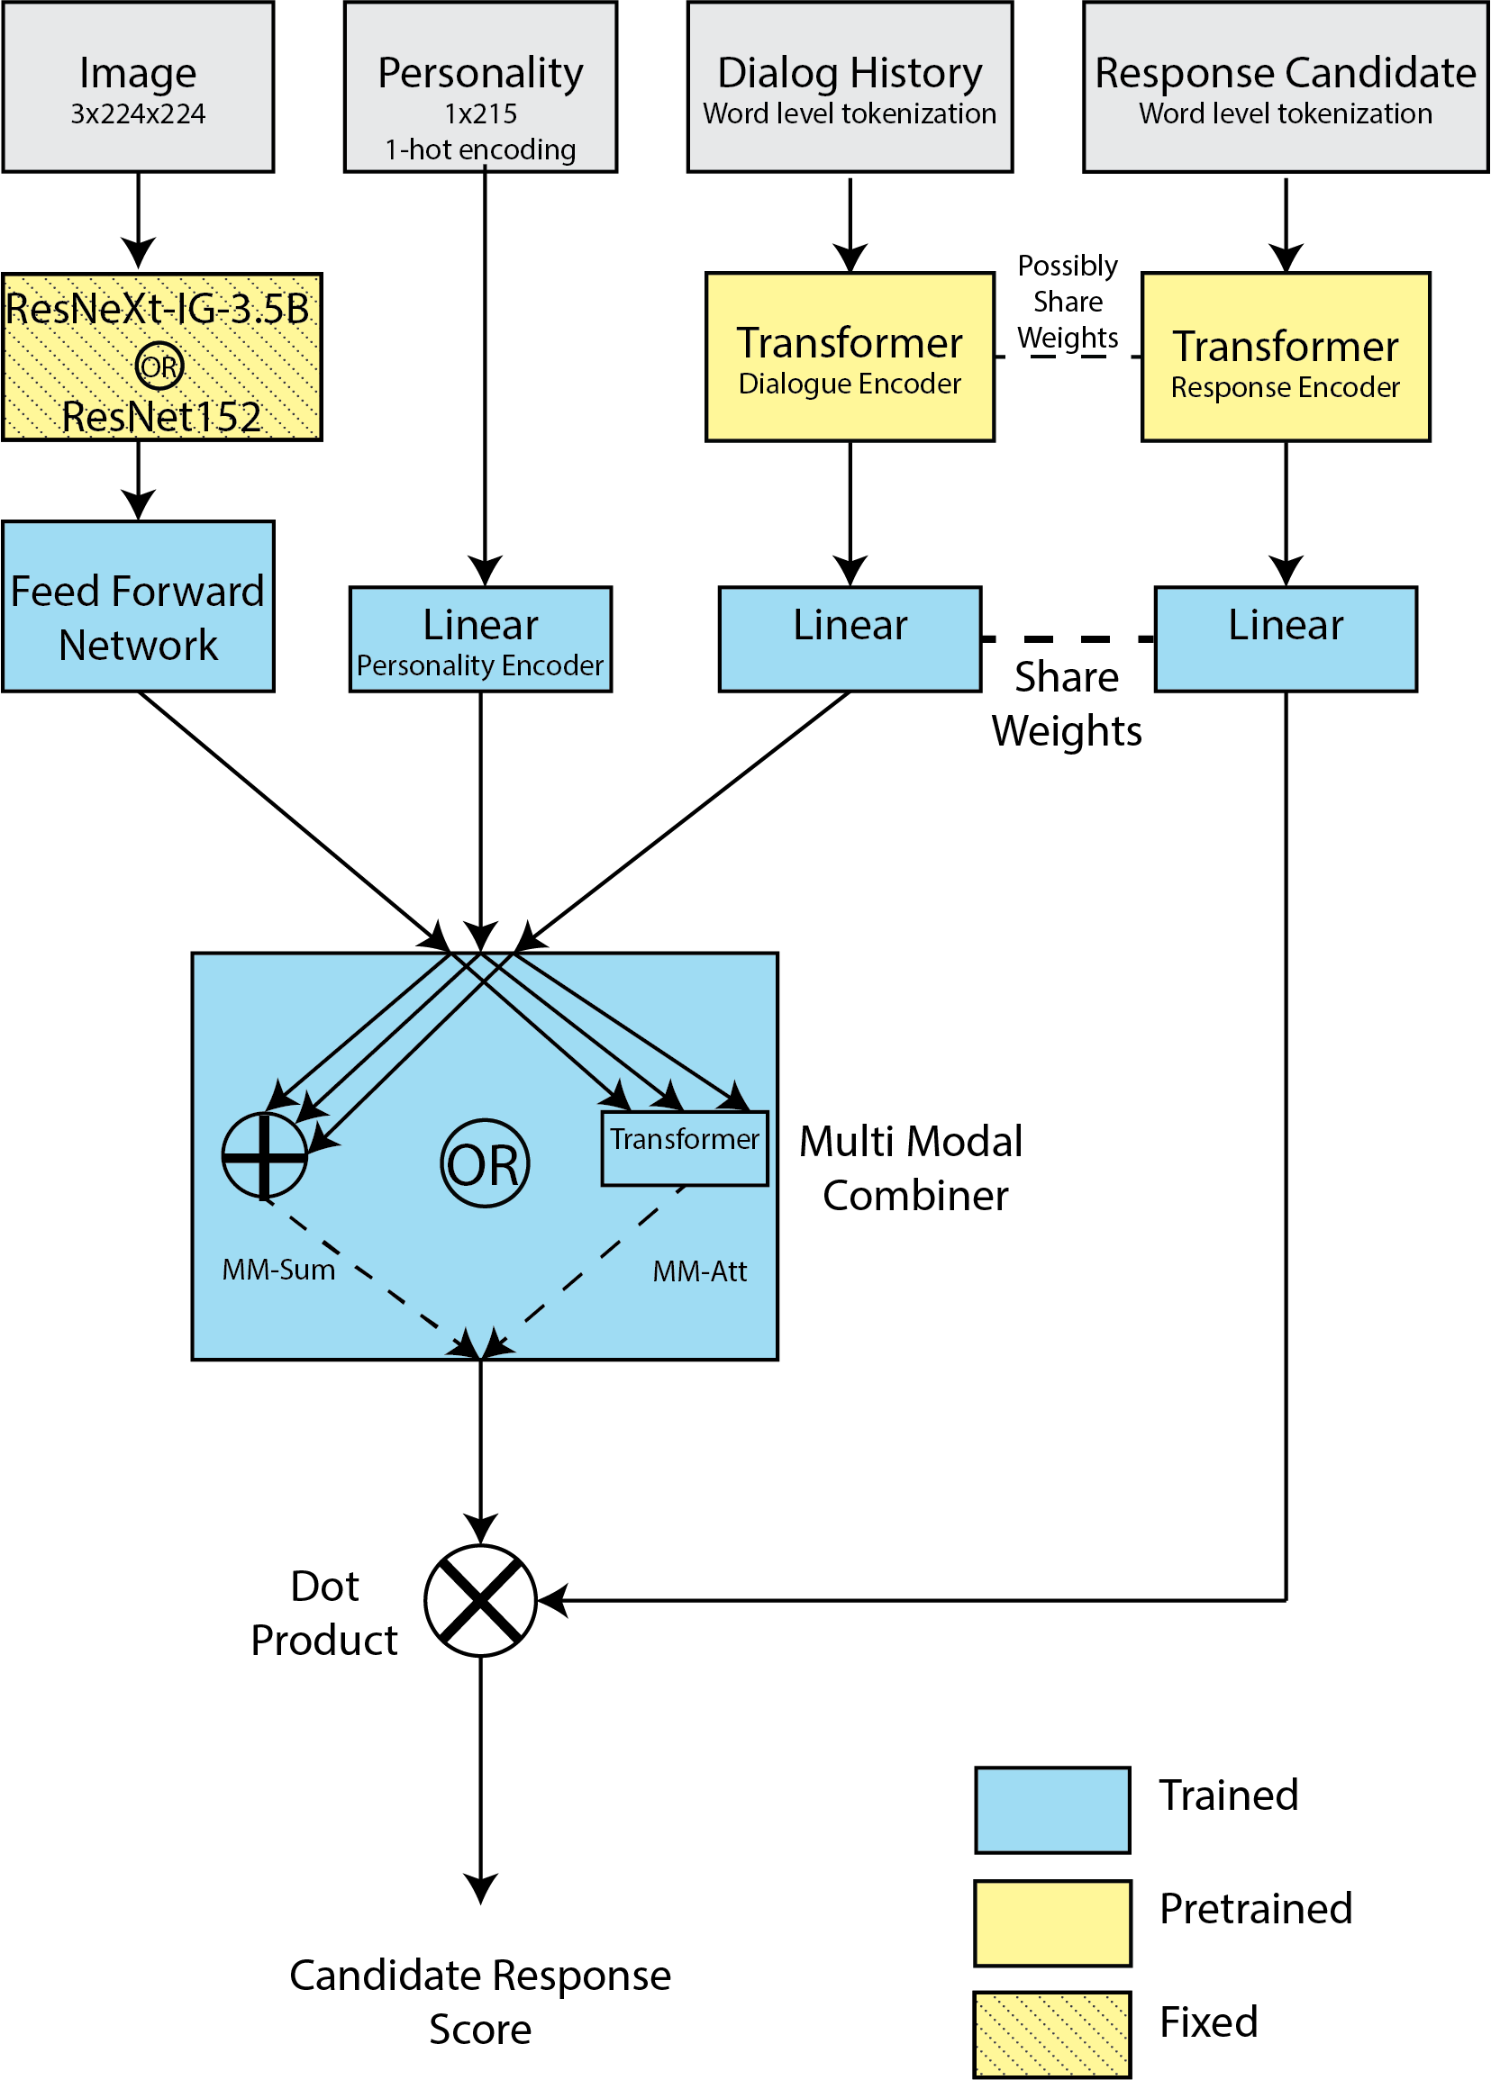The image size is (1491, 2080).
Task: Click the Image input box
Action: pos(138,87)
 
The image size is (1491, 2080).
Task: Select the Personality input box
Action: pos(481,87)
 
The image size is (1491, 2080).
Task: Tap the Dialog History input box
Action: pos(850,87)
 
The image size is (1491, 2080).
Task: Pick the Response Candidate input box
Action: pos(1286,87)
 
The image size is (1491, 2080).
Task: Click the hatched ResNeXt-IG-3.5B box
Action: pos(161,357)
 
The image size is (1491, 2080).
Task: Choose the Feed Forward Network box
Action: pos(138,606)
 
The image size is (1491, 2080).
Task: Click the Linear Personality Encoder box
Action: pos(481,639)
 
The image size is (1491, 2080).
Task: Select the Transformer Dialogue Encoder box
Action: pos(850,357)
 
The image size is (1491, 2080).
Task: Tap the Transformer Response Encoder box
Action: pos(1286,357)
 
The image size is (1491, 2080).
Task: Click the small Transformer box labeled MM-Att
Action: pos(685,1148)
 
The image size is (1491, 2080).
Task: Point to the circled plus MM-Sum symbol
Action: pos(264,1155)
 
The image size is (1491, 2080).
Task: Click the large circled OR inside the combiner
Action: pos(485,1162)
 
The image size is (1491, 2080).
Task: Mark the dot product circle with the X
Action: pos(481,1600)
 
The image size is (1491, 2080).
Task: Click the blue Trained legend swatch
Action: pos(1052,1810)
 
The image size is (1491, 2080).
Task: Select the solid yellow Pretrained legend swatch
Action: pos(1052,1923)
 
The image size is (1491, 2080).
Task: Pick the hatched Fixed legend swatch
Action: pos(1052,2034)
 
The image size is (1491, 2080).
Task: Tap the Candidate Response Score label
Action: pos(481,2002)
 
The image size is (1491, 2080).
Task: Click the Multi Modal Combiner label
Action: pos(912,1169)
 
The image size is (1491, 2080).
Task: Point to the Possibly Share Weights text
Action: pos(1068,302)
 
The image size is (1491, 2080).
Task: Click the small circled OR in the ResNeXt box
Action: pos(159,366)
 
